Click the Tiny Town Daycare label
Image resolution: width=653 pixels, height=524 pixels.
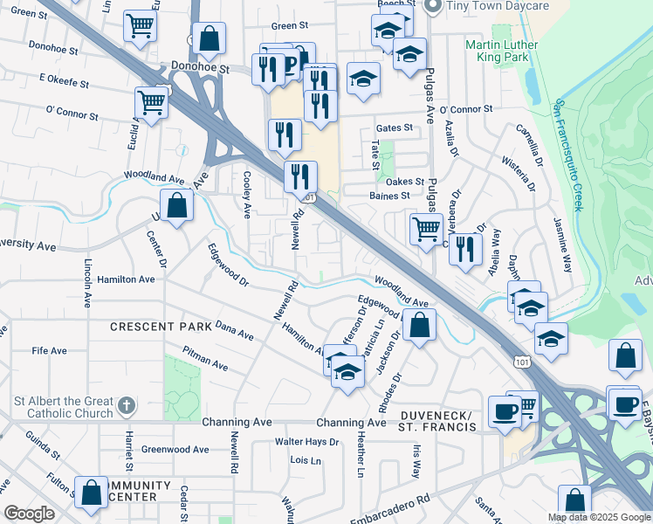pos(498,6)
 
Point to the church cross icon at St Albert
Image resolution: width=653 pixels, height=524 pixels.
pos(127,405)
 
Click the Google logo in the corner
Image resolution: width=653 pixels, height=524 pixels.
pos(30,514)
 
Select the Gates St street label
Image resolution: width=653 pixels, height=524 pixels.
pos(395,128)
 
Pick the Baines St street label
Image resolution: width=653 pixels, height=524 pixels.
pos(389,196)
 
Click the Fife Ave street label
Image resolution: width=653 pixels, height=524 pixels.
pos(49,351)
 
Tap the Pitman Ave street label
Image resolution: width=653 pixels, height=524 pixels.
pos(205,359)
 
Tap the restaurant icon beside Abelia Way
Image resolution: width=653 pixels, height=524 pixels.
pos(464,247)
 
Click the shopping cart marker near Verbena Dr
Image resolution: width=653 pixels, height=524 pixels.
pos(426,229)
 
